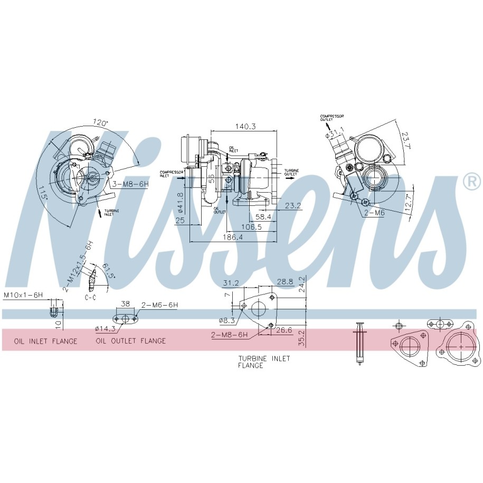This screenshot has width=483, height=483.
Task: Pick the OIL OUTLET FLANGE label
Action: tap(131, 341)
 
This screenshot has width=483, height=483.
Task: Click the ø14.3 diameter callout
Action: tap(105, 329)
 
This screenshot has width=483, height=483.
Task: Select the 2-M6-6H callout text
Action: tap(159, 305)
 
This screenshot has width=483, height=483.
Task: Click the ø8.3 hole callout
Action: tap(226, 320)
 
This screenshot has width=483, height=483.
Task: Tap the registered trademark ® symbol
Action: tap(471, 182)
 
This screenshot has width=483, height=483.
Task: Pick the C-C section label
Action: tap(90, 298)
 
